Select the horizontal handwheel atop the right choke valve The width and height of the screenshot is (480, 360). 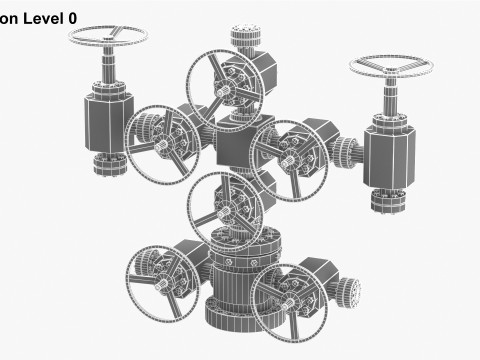389,70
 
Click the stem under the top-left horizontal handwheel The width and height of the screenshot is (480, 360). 109,76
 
